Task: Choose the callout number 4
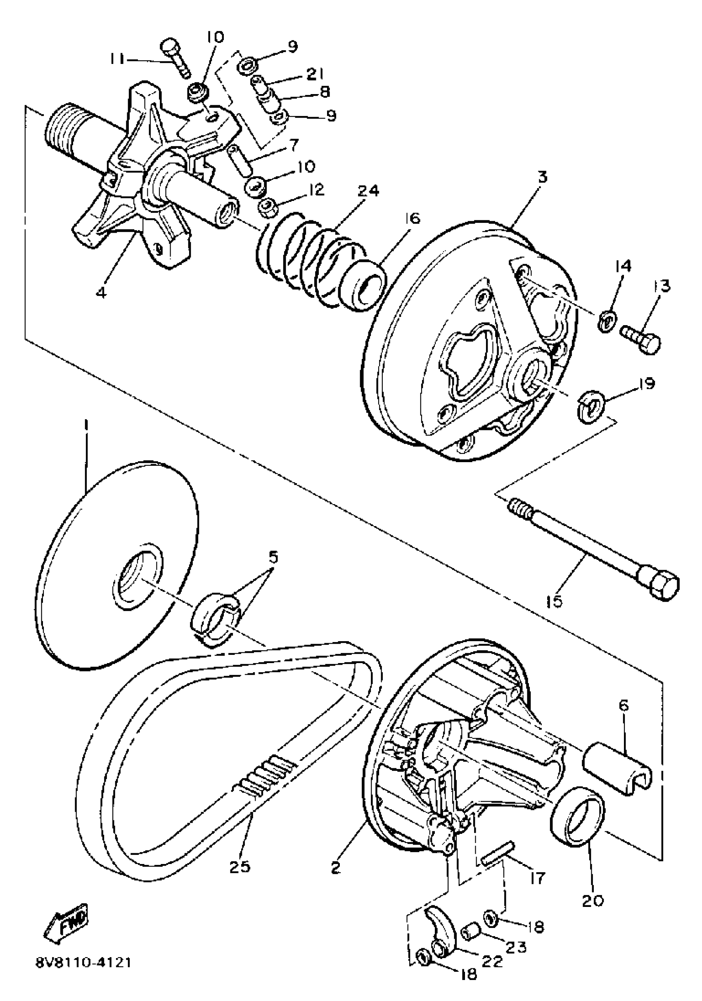coord(101,292)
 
